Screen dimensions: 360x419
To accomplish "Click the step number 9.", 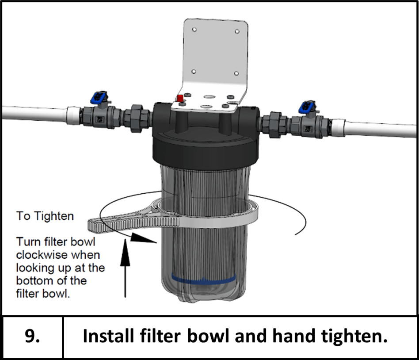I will coord(31,337).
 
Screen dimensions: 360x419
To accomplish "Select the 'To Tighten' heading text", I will coord(45,216).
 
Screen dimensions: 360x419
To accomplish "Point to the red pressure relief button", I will coord(180,99).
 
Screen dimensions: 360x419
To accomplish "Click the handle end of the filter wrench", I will coord(99,223).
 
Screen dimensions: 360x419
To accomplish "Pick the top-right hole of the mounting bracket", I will coord(237,31).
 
